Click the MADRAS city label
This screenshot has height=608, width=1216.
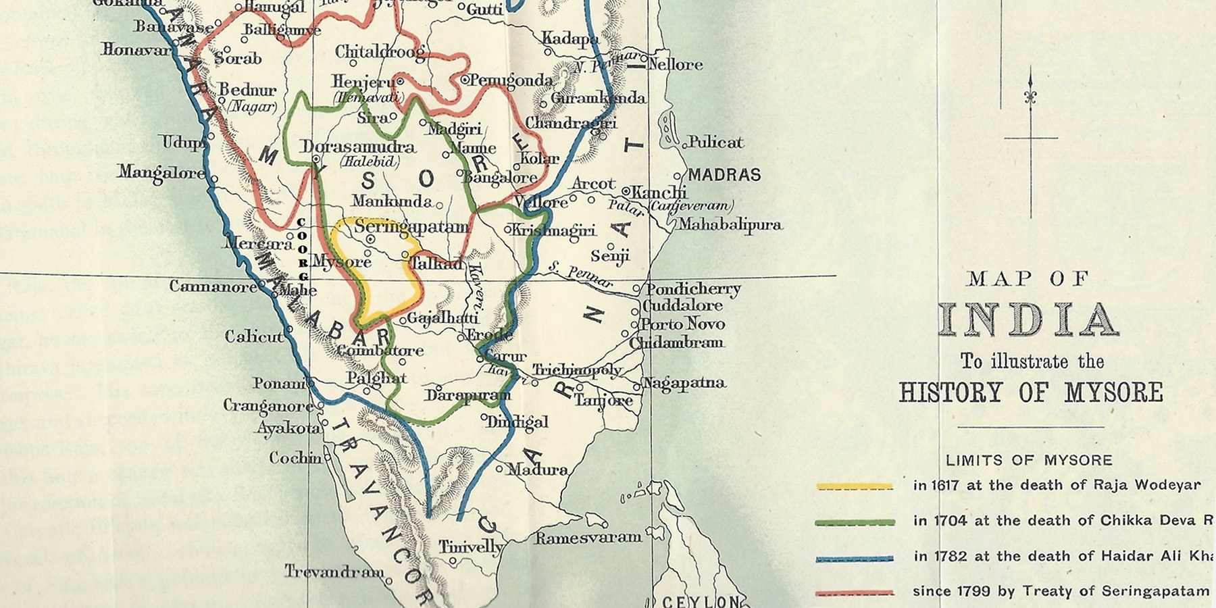724,175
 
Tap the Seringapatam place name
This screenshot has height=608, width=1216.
411,227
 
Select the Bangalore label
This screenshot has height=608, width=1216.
501,178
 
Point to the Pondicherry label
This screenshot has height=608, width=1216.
693,289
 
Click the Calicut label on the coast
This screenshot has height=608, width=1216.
253,336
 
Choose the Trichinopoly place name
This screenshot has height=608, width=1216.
577,370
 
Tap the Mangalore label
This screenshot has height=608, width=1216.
161,173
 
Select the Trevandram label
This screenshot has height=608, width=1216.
334,572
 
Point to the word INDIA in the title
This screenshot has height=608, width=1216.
1028,320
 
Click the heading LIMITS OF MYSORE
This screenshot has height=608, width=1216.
1028,461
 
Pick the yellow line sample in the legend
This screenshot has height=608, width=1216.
855,486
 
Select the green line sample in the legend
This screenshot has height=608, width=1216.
855,522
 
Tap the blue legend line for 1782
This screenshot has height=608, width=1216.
855,559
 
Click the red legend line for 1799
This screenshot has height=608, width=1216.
855,593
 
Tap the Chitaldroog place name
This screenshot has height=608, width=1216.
380,52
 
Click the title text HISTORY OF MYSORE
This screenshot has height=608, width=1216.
1031,393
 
